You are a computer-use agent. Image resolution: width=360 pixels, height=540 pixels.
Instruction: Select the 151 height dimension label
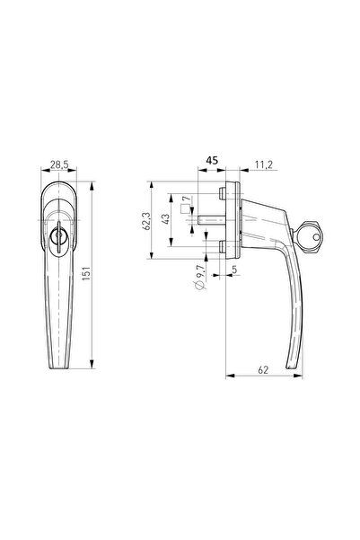point(86,274)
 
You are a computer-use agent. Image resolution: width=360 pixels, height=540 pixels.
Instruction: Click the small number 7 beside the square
point(186,199)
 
